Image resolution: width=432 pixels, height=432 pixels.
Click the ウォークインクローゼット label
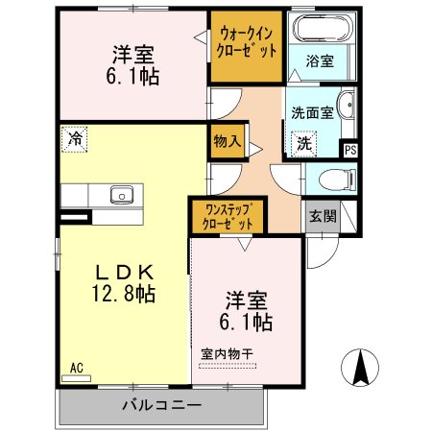pyautogui.click(x=248, y=40)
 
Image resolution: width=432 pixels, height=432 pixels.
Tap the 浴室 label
pyautogui.click(x=321, y=61)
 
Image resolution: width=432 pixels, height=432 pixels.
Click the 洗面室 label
pyautogui.click(x=312, y=111)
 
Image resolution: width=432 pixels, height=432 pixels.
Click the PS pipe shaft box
pyautogui.click(x=350, y=149)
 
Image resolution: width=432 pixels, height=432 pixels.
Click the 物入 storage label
pyautogui.click(x=228, y=141)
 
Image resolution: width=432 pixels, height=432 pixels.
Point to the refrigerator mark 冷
pyautogui.click(x=75, y=137)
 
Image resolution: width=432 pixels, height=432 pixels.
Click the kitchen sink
pyautogui.click(x=121, y=195)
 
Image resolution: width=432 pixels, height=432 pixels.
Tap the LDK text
pyautogui.click(x=122, y=272)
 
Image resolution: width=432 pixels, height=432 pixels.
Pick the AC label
pyautogui.click(x=76, y=367)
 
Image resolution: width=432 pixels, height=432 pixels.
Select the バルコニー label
pyautogui.click(x=161, y=405)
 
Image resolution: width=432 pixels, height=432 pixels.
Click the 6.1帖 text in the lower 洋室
pyautogui.click(x=248, y=320)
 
